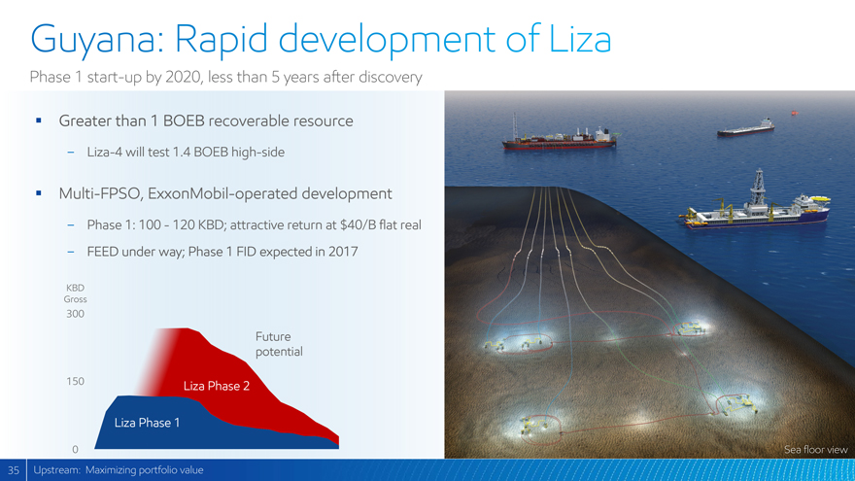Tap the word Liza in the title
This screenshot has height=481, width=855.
[580, 38]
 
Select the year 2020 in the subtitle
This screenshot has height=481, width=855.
[184, 77]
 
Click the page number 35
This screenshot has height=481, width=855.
[13, 470]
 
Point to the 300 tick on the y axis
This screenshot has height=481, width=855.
[75, 314]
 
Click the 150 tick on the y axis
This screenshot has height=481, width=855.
[75, 381]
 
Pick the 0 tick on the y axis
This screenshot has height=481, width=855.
[75, 449]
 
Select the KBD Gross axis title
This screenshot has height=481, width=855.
[75, 293]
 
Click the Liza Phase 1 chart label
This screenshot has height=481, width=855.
[147, 423]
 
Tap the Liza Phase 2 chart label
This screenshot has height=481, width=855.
[217, 386]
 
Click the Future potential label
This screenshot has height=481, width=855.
[279, 344]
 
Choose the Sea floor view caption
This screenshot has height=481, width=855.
[816, 449]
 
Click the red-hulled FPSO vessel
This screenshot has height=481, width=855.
[560, 140]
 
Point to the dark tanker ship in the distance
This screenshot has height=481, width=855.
[746, 128]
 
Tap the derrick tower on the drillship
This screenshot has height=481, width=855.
[758, 187]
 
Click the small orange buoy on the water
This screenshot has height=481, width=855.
[795, 113]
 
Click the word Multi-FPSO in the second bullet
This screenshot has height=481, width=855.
[101, 193]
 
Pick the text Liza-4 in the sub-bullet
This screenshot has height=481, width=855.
[105, 152]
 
